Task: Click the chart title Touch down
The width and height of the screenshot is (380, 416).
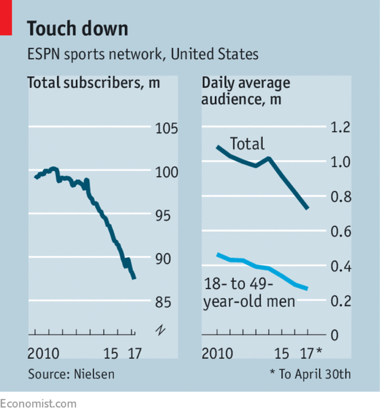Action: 77,29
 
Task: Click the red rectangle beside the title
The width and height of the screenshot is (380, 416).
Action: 5,18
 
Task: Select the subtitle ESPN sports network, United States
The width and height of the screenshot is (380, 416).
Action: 143,55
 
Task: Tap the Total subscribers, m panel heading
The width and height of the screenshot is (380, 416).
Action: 94,82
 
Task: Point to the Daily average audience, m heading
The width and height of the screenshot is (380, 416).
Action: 246,91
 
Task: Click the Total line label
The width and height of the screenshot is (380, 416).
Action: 247,144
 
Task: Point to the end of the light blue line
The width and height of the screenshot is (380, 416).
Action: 307,289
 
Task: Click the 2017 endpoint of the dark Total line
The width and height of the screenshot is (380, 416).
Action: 308,208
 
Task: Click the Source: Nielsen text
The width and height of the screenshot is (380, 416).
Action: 71,374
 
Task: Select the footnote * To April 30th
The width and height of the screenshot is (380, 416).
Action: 310,374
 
